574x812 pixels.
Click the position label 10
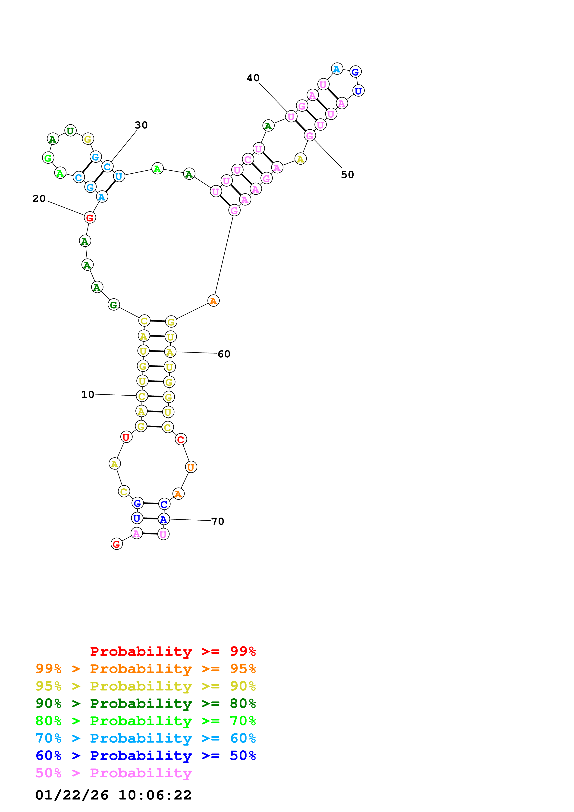tap(88, 394)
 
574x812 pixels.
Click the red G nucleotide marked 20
tap(90, 218)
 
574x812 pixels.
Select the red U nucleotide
tap(126, 437)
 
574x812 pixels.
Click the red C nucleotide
tap(181, 439)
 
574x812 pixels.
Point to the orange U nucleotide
tap(191, 467)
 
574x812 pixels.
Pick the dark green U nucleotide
tap(70, 131)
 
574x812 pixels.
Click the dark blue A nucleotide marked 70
tap(163, 519)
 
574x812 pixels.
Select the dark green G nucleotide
tap(113, 305)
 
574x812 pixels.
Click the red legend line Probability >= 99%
tap(173, 651)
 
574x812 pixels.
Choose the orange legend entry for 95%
tap(145, 668)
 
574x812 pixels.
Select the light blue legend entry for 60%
tap(145, 738)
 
